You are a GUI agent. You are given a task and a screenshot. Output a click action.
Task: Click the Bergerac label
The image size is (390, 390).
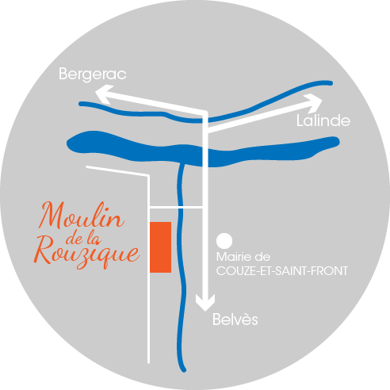tap(93, 75)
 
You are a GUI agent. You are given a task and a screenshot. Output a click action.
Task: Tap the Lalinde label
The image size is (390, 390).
tap(323, 120)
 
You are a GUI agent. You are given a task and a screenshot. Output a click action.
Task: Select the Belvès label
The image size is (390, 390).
tap(235, 319)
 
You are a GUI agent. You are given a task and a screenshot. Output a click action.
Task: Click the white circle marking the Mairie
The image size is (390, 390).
tap(224, 241)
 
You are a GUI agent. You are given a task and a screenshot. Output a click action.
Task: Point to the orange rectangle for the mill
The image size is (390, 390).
tap(161, 247)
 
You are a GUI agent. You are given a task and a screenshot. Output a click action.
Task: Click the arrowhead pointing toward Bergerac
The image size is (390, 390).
tap(103, 94)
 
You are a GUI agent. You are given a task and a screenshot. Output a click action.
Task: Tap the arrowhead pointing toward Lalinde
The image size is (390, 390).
tap(314, 103)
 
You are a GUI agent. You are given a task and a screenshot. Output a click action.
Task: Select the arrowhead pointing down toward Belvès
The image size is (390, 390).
tap(205, 303)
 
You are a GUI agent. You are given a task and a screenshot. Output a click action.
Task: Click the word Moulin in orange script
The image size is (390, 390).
tap(82, 216)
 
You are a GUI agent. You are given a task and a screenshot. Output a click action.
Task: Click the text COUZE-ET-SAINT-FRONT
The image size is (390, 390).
tap(282, 271)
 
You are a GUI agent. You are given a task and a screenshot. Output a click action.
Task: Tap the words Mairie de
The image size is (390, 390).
tap(243, 257)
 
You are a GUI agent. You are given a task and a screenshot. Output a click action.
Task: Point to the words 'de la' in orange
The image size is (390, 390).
tap(83, 238)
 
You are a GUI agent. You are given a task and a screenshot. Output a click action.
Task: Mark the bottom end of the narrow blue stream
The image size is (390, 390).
tap(184, 370)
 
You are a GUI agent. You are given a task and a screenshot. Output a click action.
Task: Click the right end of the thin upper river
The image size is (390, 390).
tap(331, 83)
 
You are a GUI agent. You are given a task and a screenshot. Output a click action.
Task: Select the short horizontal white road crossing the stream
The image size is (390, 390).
tap(176, 208)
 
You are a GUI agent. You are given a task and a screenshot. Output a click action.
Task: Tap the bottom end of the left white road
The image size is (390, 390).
tap(148, 362)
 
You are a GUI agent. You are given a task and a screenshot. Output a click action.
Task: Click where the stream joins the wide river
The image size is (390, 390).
tap(182, 164)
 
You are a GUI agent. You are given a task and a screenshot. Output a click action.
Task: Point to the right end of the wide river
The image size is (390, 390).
tap(338, 142)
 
